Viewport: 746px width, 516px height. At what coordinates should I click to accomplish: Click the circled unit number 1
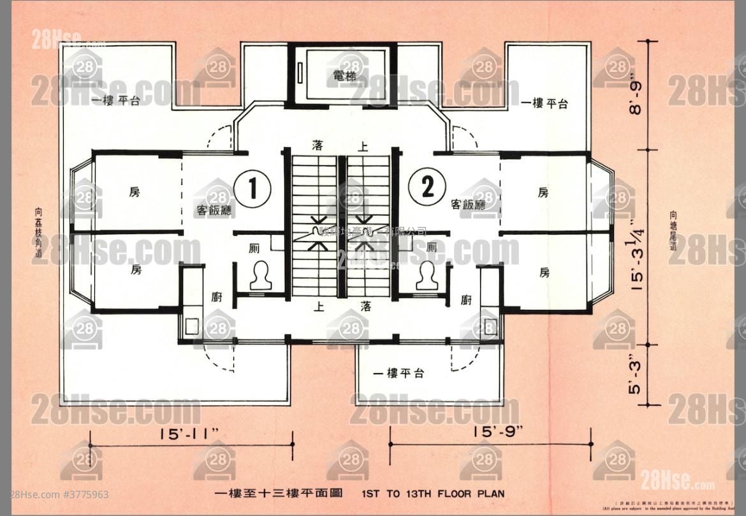(x=252, y=188)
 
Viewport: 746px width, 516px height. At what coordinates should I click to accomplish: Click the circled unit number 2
(x=427, y=187)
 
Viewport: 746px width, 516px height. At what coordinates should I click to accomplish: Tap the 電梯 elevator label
(x=344, y=77)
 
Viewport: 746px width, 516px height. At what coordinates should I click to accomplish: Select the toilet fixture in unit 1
(x=260, y=276)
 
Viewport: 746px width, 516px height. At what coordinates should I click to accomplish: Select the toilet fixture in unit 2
(x=427, y=276)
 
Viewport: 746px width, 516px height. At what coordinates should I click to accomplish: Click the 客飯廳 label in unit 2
(x=467, y=205)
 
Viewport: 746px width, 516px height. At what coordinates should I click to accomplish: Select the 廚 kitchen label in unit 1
(x=217, y=297)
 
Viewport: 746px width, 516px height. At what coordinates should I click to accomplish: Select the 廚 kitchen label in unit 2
(x=467, y=300)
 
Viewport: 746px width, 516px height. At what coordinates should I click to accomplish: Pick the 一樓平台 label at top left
(x=115, y=101)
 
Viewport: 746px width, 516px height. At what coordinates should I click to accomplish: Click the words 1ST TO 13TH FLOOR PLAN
(x=433, y=493)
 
